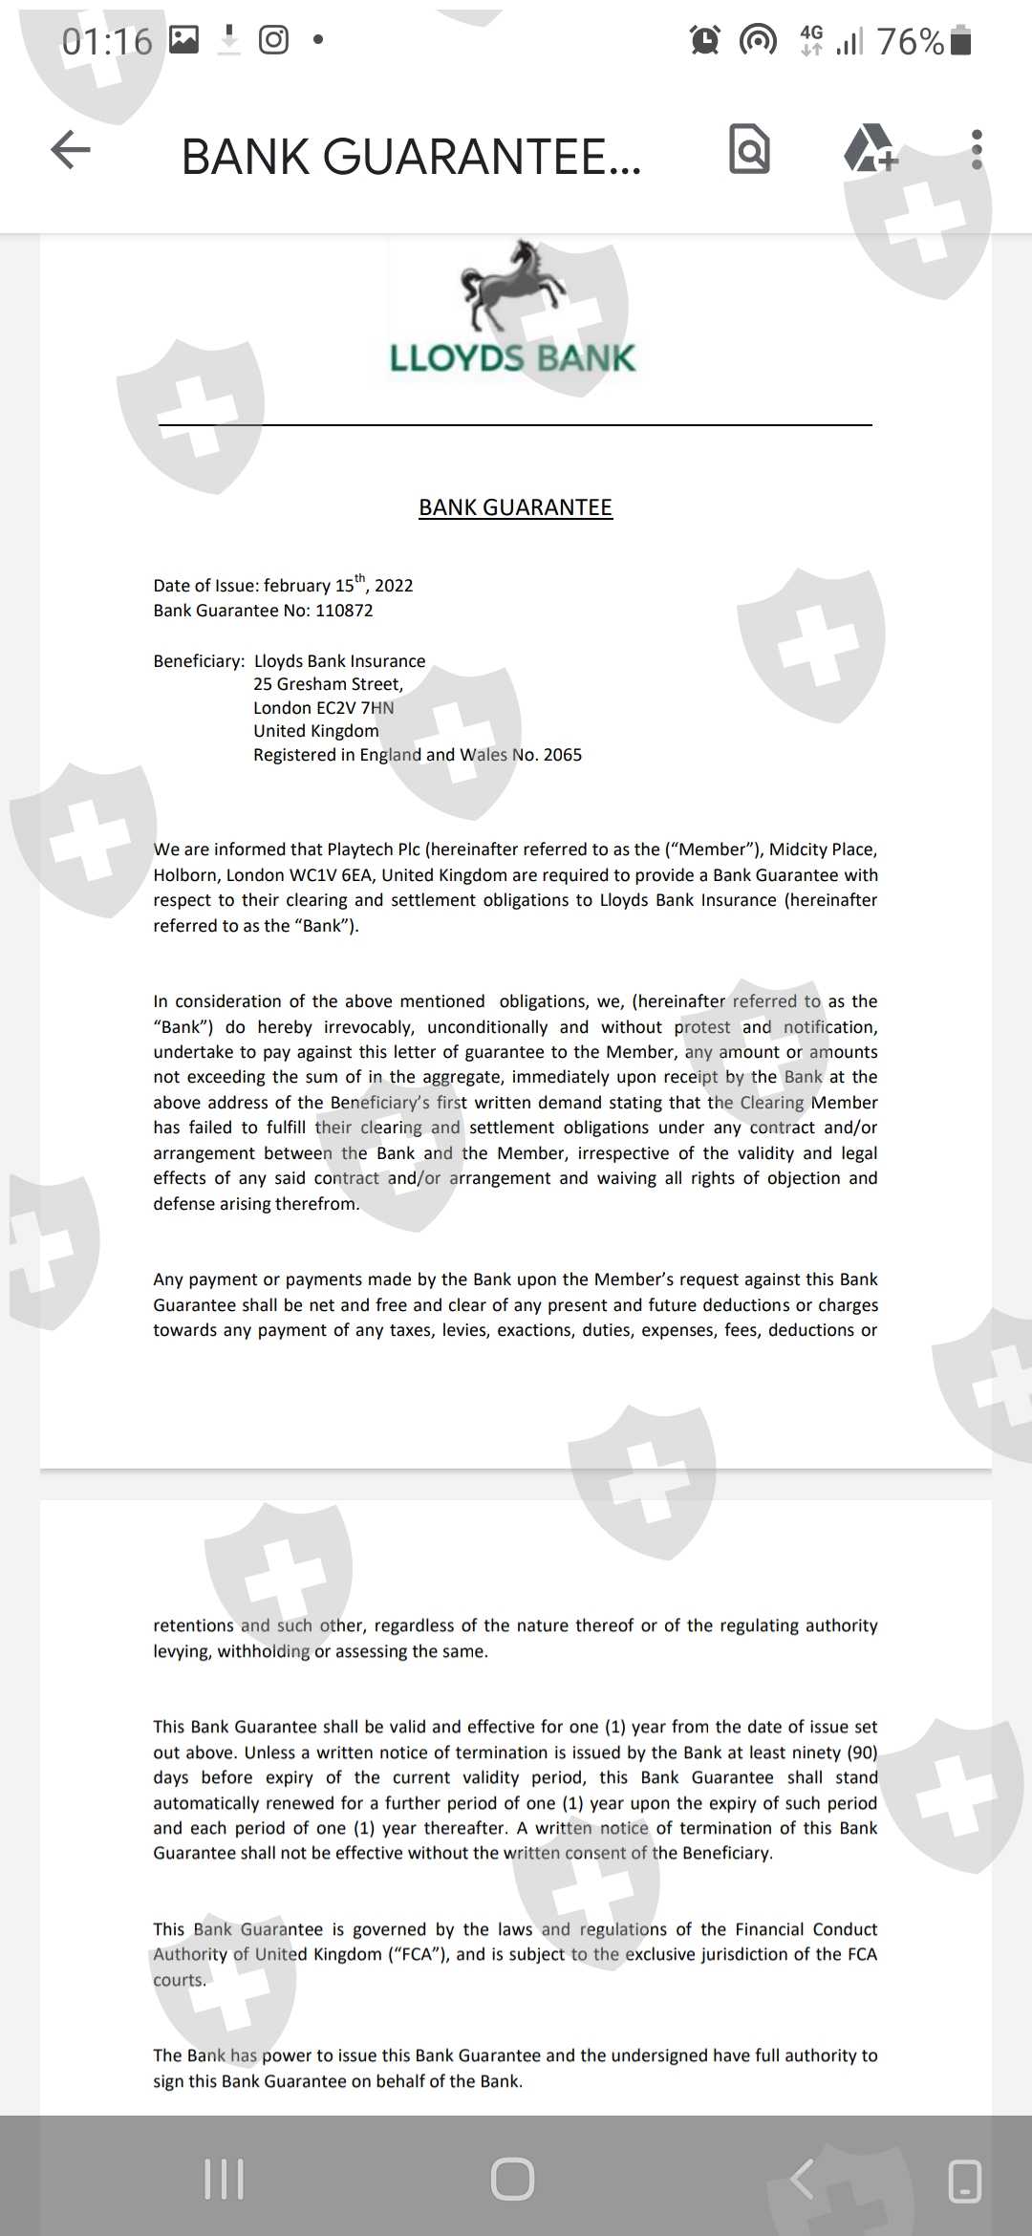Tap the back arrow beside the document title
pyautogui.click(x=71, y=150)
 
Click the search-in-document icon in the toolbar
pyautogui.click(x=749, y=150)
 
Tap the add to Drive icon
pyautogui.click(x=870, y=149)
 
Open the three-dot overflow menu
pyautogui.click(x=976, y=150)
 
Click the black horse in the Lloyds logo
pyautogui.click(x=511, y=285)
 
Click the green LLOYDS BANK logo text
pyautogui.click(x=512, y=358)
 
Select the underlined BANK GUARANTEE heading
pyautogui.click(x=515, y=507)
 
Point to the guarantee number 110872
pyautogui.click(x=344, y=611)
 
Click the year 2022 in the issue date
pyautogui.click(x=394, y=586)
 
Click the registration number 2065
pyautogui.click(x=562, y=755)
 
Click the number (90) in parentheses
pyautogui.click(x=861, y=1752)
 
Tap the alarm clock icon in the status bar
pyautogui.click(x=705, y=40)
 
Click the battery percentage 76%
pyautogui.click(x=910, y=42)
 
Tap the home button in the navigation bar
pyautogui.click(x=512, y=2180)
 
